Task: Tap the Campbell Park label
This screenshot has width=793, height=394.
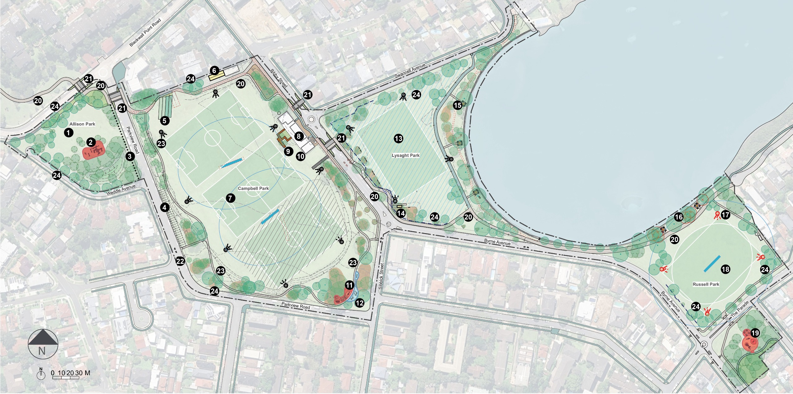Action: click(x=253, y=188)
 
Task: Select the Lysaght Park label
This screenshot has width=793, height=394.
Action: click(x=405, y=155)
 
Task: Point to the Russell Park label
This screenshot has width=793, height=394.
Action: click(x=706, y=284)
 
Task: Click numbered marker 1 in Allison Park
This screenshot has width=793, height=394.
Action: click(x=68, y=133)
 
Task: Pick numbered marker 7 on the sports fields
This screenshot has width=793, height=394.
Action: click(x=230, y=198)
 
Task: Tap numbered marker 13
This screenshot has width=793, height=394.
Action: click(x=398, y=138)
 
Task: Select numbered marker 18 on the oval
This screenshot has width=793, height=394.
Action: click(x=725, y=269)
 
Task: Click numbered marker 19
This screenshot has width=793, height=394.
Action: click(x=755, y=333)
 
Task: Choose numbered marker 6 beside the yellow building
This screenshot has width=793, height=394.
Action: click(x=214, y=71)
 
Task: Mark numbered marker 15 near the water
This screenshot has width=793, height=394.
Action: click(x=458, y=105)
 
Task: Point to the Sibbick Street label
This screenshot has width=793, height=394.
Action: click(x=381, y=276)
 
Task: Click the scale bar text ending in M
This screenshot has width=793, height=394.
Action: click(x=71, y=373)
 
